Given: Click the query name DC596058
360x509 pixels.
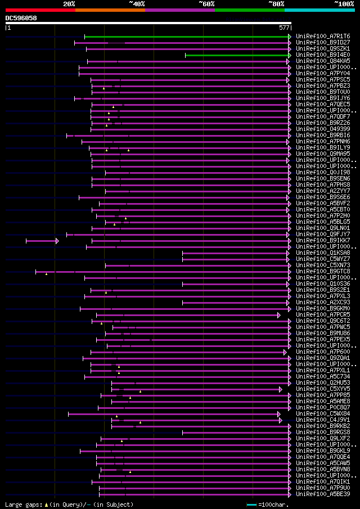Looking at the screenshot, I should click(x=21, y=18).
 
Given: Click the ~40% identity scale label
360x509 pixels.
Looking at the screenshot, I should click(x=137, y=4).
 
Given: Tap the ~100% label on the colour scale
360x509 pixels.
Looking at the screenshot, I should click(x=344, y=4).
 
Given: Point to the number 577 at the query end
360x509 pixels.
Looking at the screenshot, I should click(x=284, y=28).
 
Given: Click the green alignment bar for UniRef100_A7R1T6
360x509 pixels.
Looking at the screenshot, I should click(x=186, y=37).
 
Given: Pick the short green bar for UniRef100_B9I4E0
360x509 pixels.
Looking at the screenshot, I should click(x=236, y=55).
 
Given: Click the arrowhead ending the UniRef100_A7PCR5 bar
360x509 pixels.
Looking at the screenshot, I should click(x=278, y=316).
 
